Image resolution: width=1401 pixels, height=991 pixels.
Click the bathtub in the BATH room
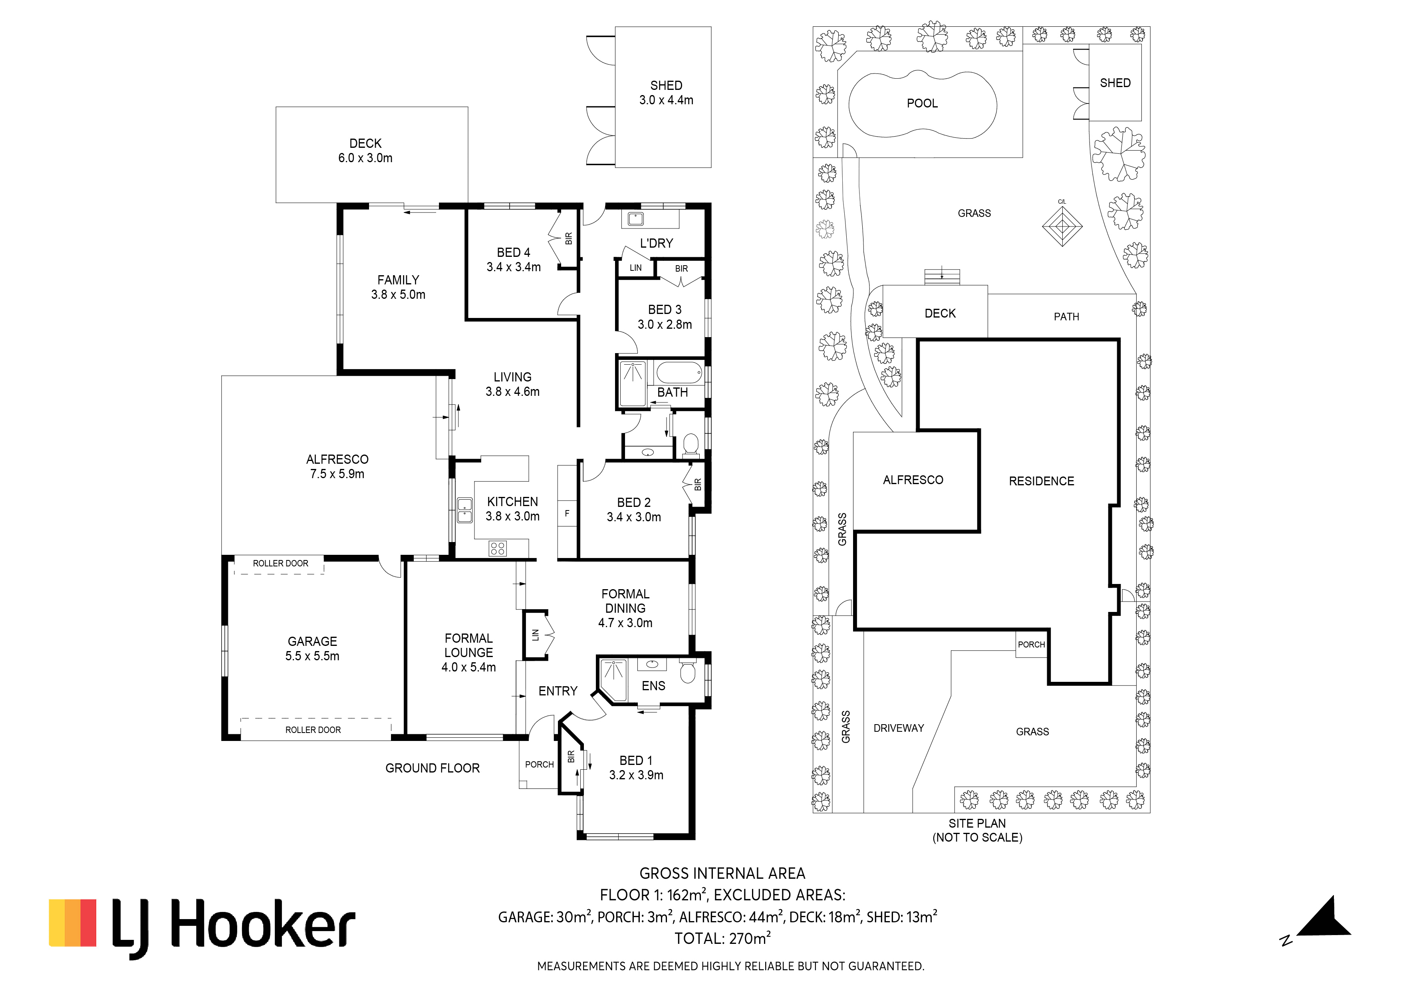[679, 372]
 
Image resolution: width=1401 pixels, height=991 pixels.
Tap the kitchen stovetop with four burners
[497, 548]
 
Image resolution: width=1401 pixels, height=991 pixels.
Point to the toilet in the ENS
[688, 671]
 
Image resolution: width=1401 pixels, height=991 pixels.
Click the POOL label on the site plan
[922, 103]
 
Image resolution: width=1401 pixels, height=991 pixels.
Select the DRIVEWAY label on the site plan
[899, 728]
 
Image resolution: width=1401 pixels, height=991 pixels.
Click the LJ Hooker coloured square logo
[73, 923]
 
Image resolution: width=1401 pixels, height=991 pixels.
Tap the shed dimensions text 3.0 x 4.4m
[666, 100]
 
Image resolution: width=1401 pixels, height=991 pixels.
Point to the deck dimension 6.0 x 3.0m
[365, 158]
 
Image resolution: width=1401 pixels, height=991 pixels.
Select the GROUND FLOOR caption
[433, 768]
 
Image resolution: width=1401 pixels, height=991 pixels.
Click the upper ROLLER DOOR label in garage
[281, 563]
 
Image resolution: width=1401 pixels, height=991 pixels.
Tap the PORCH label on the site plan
[1031, 644]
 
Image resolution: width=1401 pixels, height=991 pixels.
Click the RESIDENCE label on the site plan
[1042, 481]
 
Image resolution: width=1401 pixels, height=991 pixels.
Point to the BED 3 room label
[665, 310]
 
